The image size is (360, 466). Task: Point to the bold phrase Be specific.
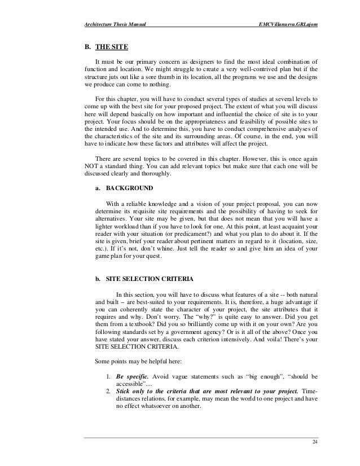coord(131,375)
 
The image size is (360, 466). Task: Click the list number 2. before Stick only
coord(108,390)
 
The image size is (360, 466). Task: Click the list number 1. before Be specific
coord(108,375)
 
